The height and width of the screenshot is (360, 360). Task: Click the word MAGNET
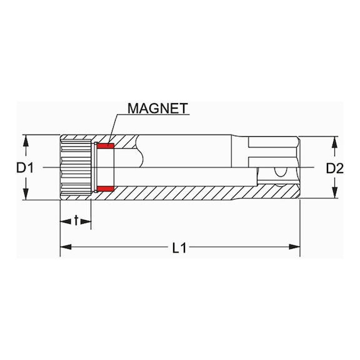click(x=157, y=107)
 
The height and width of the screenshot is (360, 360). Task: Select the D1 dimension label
click(x=25, y=167)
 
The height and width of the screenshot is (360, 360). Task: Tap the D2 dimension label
click(x=336, y=167)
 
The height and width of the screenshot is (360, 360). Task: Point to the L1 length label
click(x=179, y=248)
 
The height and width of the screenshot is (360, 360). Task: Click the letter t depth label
click(x=76, y=220)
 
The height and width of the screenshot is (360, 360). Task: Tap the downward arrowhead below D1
click(x=26, y=194)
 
